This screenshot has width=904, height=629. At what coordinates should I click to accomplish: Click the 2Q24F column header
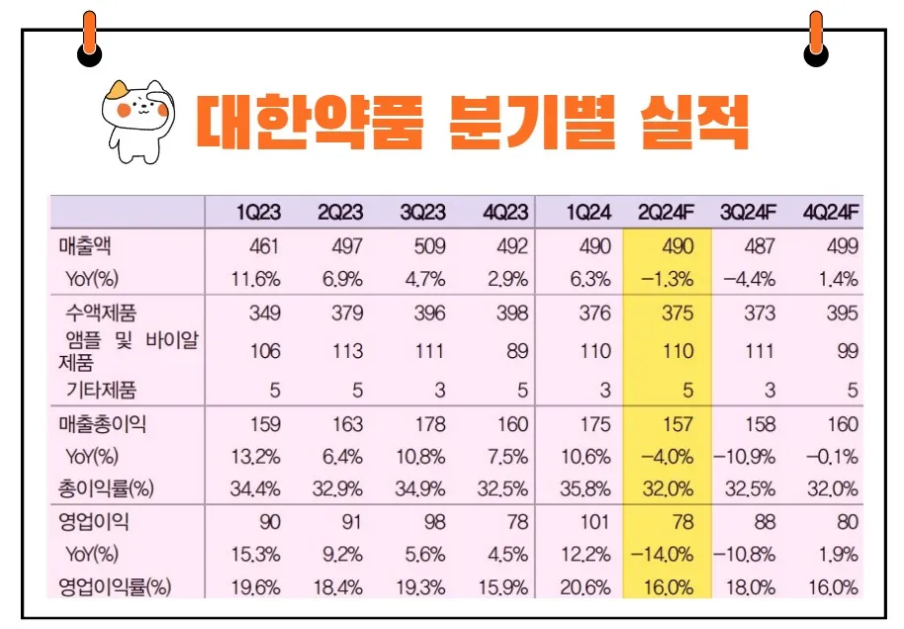[667, 213]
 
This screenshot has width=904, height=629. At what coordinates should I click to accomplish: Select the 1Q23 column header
[258, 213]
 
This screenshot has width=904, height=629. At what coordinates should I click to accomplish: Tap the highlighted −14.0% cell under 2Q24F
[666, 554]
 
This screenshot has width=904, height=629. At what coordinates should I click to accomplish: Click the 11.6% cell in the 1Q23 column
[256, 278]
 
